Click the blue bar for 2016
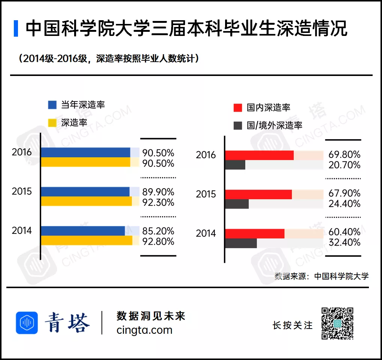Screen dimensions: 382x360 point(86,152)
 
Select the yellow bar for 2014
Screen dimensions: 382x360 point(87,240)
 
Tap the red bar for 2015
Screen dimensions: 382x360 point(258,194)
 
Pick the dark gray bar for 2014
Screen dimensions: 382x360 point(241,243)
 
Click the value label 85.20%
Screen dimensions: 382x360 point(158,231)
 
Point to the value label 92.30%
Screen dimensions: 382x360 point(158,202)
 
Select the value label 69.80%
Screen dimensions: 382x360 point(344,154)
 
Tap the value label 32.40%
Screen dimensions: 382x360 point(344,242)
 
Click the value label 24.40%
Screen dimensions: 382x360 point(344,204)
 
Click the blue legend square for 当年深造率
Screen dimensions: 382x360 point(52,105)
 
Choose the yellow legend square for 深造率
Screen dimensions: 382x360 point(52,123)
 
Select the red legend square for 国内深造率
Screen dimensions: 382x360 point(238,107)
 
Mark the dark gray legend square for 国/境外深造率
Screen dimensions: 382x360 point(238,126)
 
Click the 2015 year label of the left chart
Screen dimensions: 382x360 point(22,191)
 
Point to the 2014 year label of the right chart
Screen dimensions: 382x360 point(206,233)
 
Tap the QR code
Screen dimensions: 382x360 point(337,323)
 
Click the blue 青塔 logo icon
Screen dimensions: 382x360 point(27,323)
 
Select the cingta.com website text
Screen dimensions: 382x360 point(145,330)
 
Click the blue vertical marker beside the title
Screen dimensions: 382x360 point(16,28)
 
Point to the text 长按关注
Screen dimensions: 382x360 point(292,325)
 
